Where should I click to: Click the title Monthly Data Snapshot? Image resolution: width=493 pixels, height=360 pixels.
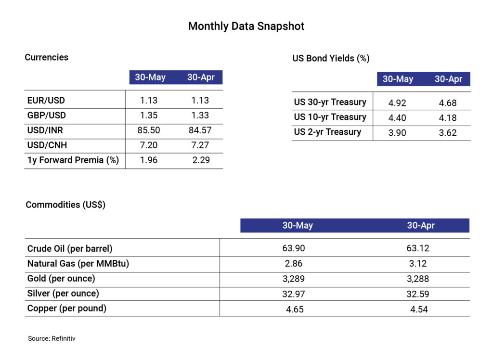[x=246, y=26]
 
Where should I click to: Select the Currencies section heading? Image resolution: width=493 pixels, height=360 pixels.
[x=47, y=57]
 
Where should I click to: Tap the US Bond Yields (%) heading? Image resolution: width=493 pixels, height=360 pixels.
[x=331, y=58]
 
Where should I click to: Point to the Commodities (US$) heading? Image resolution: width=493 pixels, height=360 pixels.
[x=65, y=205]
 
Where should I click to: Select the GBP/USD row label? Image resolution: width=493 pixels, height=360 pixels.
[x=46, y=116]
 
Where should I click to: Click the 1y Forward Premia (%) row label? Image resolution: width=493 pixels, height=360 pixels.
[x=73, y=160]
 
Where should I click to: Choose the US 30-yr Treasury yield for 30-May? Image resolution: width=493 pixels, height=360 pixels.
[x=398, y=103]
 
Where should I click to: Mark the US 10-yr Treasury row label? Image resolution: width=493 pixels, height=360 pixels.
[x=330, y=117]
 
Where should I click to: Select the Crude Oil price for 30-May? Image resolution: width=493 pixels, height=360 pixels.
[x=294, y=248]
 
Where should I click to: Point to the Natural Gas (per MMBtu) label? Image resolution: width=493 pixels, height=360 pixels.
[x=78, y=264]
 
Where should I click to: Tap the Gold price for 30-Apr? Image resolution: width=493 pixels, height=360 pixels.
[x=417, y=279]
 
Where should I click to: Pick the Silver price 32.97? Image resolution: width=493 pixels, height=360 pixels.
[x=294, y=294]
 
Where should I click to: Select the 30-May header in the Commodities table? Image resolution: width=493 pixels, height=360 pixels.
[x=297, y=225]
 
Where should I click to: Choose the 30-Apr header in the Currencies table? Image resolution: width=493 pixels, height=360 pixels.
[x=201, y=77]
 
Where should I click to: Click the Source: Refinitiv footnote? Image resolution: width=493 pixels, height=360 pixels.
[x=52, y=338]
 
